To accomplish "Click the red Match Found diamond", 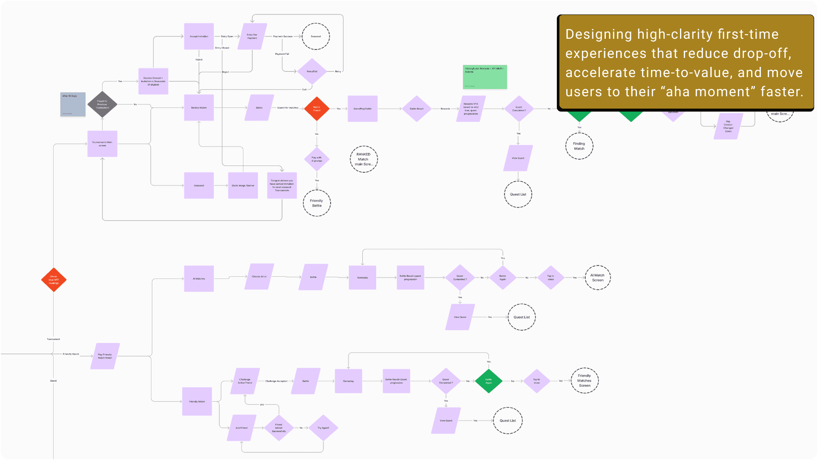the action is click(317, 109).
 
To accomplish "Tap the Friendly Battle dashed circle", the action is click(317, 203).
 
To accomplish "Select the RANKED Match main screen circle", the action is click(363, 159).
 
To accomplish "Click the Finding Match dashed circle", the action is click(579, 146).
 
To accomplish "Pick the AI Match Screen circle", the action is click(597, 278).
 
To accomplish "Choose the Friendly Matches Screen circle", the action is click(584, 381).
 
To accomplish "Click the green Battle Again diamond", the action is click(488, 381).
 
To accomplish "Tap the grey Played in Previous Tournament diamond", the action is click(102, 104).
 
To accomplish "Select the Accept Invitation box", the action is click(199, 37).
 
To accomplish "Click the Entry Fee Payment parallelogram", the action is click(252, 37).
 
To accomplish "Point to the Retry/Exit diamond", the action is click(312, 72).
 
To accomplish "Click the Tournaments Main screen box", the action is click(102, 144).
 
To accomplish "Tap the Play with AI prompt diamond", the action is click(317, 159).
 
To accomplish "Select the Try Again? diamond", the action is click(323, 428).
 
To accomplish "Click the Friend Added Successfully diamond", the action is click(279, 428).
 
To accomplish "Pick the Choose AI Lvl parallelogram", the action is click(259, 277).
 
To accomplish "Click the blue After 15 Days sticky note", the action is click(73, 104).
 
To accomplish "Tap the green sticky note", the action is click(485, 77).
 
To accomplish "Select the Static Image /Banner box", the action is click(243, 186).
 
